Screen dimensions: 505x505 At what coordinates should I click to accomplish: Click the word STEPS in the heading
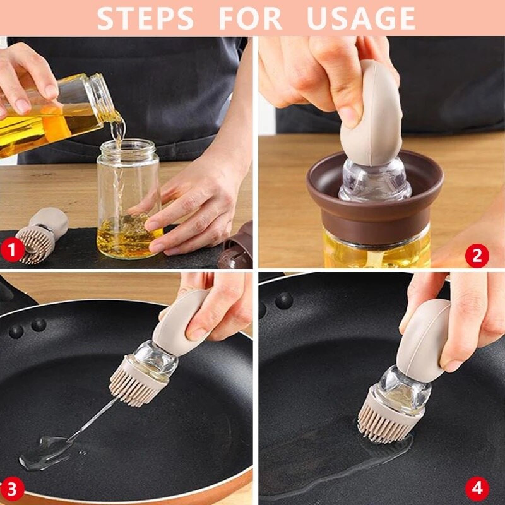(x=145, y=18)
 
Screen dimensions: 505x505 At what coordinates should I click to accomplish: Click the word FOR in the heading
(x=250, y=18)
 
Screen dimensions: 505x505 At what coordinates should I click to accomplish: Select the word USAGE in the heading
(x=361, y=18)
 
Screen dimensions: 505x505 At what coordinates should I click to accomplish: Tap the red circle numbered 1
(x=12, y=250)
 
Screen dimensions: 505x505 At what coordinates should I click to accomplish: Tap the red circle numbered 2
(x=477, y=256)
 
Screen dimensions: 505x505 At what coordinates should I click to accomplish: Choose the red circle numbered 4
(x=477, y=489)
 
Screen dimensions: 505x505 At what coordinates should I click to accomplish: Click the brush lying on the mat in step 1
(x=42, y=235)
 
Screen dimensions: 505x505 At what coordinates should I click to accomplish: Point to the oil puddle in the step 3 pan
(x=49, y=449)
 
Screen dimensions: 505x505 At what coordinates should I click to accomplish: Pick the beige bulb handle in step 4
(x=424, y=340)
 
